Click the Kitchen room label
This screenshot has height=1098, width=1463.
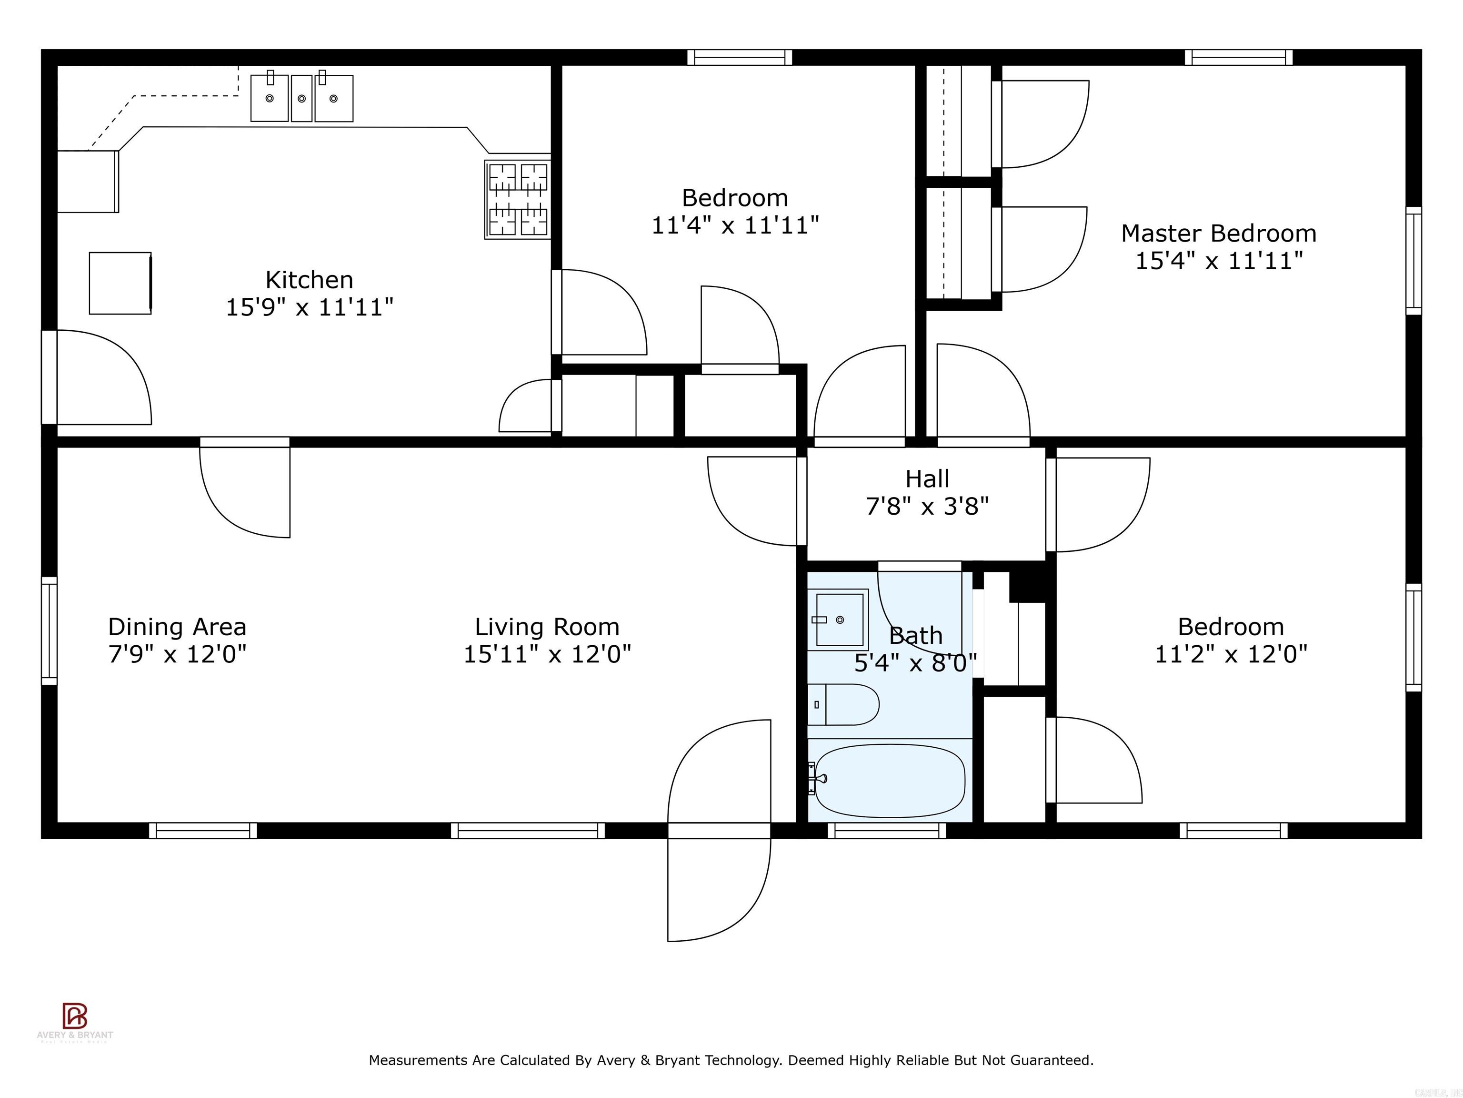(309, 280)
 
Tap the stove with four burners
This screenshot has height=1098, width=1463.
(518, 200)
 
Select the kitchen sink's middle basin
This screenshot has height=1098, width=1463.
(301, 98)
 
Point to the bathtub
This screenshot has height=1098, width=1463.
(890, 781)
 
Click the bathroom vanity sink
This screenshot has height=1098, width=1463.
(839, 620)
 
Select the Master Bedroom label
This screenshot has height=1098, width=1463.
(1218, 234)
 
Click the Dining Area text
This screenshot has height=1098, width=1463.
(177, 627)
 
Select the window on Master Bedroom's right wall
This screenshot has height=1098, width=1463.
(1413, 260)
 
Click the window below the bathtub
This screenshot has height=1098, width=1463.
(886, 831)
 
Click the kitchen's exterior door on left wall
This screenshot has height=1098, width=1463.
(50, 377)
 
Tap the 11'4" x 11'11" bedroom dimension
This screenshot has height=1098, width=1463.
(735, 226)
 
